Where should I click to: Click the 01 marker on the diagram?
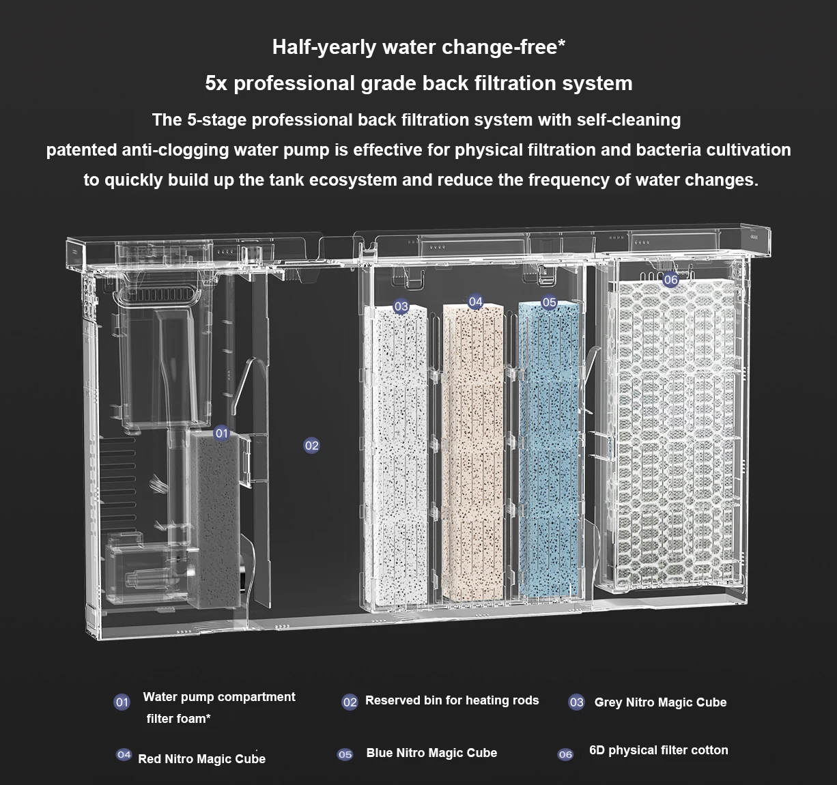tap(222, 433)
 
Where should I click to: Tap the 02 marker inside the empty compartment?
tap(311, 446)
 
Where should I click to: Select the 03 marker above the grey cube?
tap(401, 306)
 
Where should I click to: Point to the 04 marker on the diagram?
tap(475, 302)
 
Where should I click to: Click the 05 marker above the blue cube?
tap(549, 302)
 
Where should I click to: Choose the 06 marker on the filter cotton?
tap(670, 279)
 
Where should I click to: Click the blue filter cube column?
tap(549, 449)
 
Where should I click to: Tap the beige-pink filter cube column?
tap(473, 452)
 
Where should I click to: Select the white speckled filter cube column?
tap(396, 455)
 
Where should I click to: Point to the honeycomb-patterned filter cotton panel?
tap(675, 432)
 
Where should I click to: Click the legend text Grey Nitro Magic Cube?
tap(660, 702)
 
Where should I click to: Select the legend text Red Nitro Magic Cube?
tap(202, 759)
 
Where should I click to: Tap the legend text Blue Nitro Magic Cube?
tap(431, 752)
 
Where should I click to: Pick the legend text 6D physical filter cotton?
tap(659, 750)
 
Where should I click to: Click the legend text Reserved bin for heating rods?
tap(452, 700)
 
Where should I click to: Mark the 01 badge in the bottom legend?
tap(122, 702)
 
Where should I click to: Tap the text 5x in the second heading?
tap(216, 83)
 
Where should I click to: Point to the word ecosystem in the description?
tap(353, 180)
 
